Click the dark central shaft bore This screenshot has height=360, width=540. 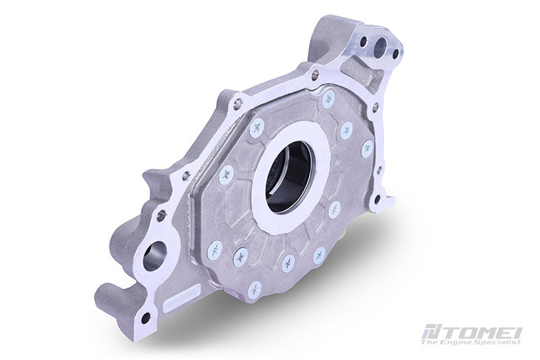point(290,177)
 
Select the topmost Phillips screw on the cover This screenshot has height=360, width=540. point(328,98)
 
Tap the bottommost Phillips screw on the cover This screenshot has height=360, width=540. point(255,290)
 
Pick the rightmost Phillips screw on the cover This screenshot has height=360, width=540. point(368,149)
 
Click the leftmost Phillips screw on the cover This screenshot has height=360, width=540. point(215,250)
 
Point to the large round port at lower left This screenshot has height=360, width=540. point(155,256)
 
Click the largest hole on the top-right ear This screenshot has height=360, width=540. point(380,46)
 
